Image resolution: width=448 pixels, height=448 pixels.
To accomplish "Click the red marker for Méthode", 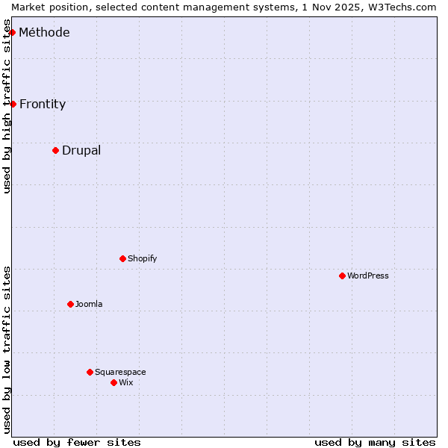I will [x=13, y=32].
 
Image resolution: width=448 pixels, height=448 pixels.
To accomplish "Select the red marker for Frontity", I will [x=13, y=104].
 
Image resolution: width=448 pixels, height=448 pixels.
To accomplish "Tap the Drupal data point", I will [x=55, y=150].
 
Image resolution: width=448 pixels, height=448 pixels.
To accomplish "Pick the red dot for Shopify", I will [x=122, y=258].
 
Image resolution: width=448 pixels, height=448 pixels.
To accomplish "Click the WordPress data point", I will [x=342, y=276].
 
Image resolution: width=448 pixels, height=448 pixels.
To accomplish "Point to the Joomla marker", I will [x=70, y=304].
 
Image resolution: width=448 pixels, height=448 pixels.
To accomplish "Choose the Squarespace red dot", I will [x=90, y=372].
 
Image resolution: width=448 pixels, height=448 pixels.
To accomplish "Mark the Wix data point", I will [x=113, y=382].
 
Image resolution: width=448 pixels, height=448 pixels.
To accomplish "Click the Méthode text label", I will [x=44, y=32].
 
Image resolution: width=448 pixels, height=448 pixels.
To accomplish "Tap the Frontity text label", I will [x=43, y=104].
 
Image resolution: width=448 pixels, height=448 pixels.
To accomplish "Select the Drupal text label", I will [x=81, y=150].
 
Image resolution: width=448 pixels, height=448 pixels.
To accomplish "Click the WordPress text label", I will [x=368, y=276].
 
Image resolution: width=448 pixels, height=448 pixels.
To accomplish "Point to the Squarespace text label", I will [x=120, y=372].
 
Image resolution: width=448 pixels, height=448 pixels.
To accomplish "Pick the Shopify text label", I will [x=142, y=258].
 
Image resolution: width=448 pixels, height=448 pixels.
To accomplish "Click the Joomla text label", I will [x=89, y=304].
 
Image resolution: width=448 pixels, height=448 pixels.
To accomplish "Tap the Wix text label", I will [x=125, y=382].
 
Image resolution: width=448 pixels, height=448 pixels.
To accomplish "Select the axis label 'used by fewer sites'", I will [x=77, y=442].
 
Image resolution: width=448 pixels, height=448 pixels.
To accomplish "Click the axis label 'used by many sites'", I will [x=375, y=442].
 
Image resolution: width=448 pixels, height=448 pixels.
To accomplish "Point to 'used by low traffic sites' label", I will [x=7, y=349].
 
